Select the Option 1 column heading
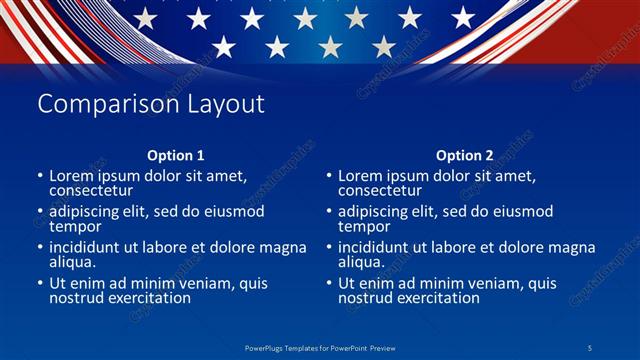point(176,155)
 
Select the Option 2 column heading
point(465,155)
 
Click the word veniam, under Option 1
point(196,283)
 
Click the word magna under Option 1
point(285,247)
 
